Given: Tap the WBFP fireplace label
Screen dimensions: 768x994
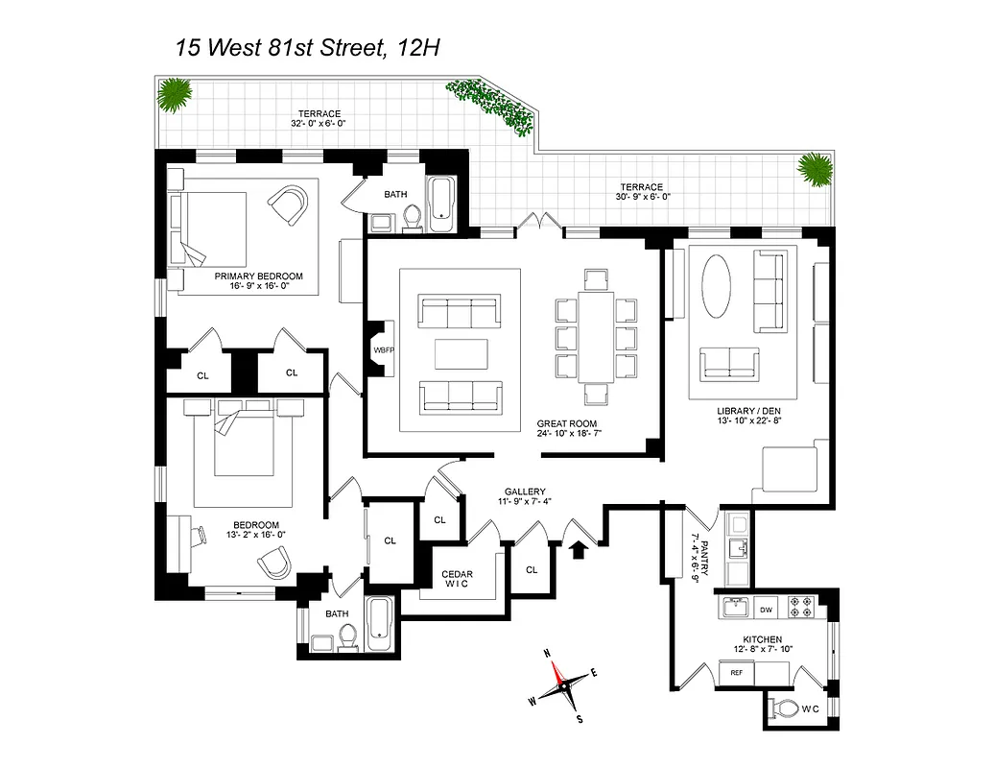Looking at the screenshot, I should click(x=383, y=350).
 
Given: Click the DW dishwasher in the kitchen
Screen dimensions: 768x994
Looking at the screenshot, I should click(x=767, y=609).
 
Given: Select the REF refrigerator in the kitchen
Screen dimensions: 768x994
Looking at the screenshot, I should click(x=737, y=673).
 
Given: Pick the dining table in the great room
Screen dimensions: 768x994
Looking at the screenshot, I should click(x=596, y=337).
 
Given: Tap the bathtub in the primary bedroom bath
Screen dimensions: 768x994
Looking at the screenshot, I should click(x=440, y=204).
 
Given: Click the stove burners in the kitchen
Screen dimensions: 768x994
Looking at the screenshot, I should click(x=800, y=608).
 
